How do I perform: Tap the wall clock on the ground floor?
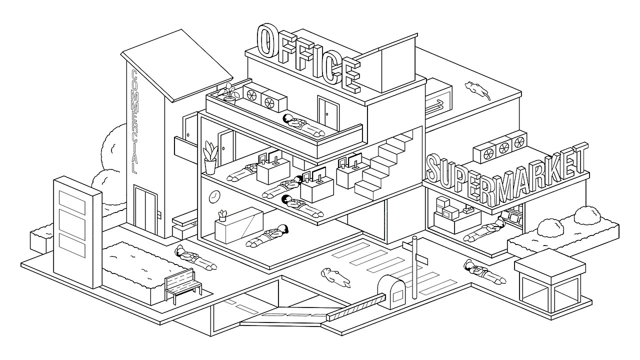214,196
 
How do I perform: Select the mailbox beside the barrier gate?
391,291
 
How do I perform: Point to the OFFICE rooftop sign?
308,58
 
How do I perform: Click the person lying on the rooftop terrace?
303,125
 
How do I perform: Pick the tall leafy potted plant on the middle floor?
210,157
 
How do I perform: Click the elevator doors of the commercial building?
145,211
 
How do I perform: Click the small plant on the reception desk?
222,215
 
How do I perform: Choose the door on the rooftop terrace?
328,113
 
